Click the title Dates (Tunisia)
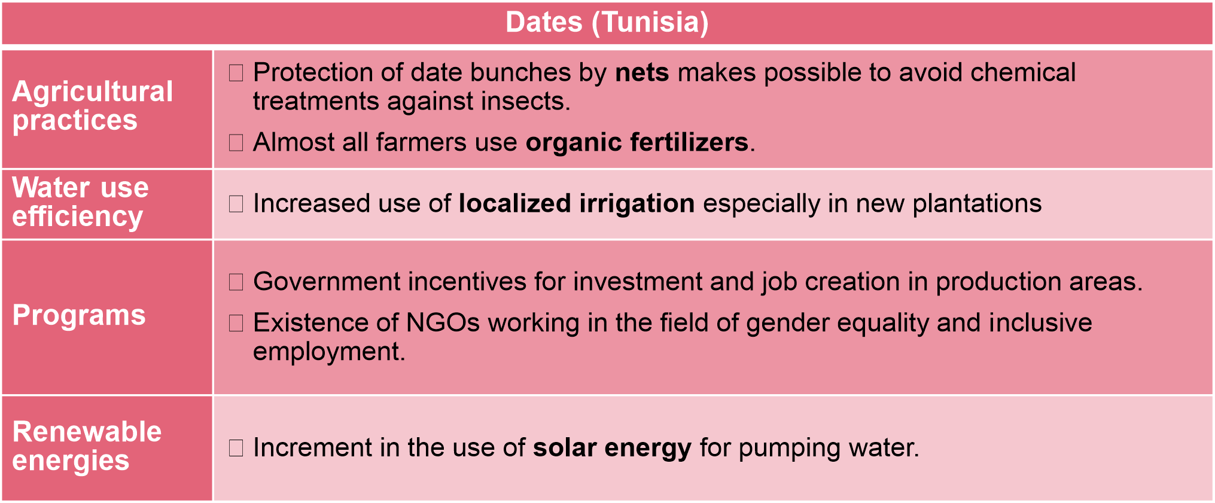click(607, 23)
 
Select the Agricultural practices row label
click(93, 106)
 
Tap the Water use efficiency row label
click(80, 202)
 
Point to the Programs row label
click(79, 315)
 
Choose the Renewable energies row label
click(87, 446)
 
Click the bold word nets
click(642, 72)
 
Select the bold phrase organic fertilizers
click(637, 142)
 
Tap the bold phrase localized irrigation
click(577, 204)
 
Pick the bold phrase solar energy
click(612, 448)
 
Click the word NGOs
click(443, 323)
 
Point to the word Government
click(327, 282)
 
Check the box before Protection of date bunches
click(236, 74)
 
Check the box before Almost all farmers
click(236, 143)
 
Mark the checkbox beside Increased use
click(236, 205)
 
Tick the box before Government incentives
click(236, 282)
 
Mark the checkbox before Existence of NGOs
click(236, 324)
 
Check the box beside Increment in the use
click(236, 448)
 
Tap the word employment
click(329, 352)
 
